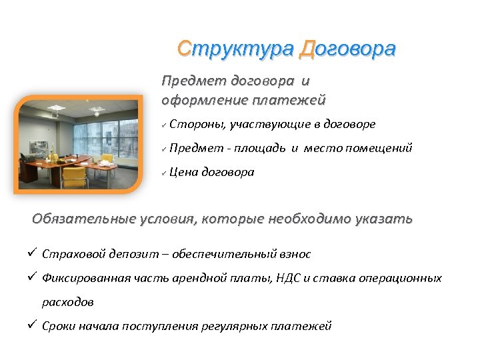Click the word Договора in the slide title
coord(347,49)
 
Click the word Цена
coord(183,172)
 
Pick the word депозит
coord(125,254)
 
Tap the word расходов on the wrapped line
coord(67,302)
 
